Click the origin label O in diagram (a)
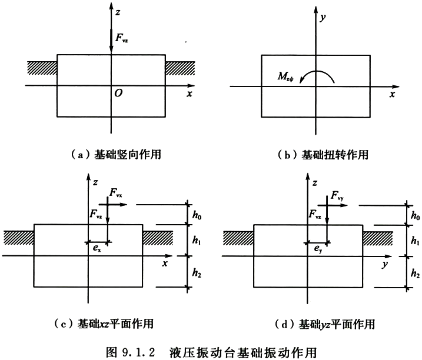point(118,93)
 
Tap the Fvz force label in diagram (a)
point(122,38)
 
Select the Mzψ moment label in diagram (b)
point(285,76)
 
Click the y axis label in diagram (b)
point(323,18)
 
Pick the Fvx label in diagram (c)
point(116,193)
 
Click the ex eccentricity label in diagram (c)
point(97,248)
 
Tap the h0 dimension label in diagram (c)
point(197,215)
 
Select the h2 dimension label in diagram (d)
point(416,274)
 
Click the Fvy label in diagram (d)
point(337,196)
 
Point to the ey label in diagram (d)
point(318,249)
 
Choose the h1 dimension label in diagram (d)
point(416,240)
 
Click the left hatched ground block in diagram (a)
point(42,68)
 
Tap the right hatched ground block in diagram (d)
point(378,238)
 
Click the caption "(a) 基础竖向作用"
point(116,155)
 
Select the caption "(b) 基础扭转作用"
point(323,155)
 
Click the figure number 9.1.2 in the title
point(138,352)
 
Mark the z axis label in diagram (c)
point(95,183)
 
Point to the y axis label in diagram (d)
point(385,265)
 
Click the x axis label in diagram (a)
point(190,94)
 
